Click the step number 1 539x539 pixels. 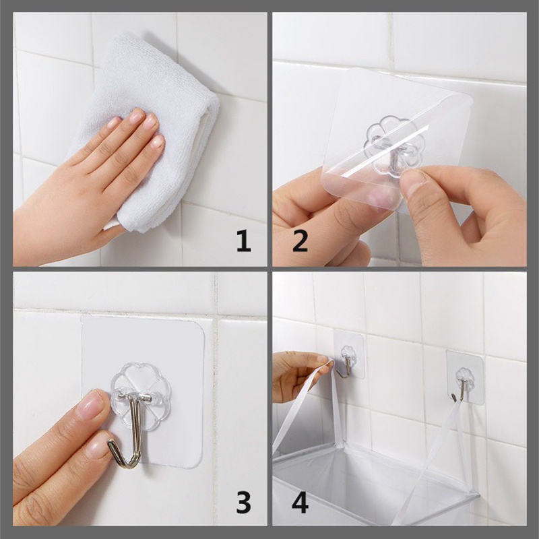click(x=244, y=241)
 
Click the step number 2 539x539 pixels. click(x=300, y=241)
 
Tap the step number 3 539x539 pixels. click(x=244, y=502)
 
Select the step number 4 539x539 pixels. click(x=300, y=502)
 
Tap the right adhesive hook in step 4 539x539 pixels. click(x=465, y=377)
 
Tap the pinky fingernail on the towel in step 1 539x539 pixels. click(x=113, y=122)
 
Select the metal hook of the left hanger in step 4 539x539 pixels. click(x=346, y=366)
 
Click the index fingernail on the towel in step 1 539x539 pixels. click(x=158, y=141)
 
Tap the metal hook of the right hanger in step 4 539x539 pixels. click(x=461, y=389)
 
